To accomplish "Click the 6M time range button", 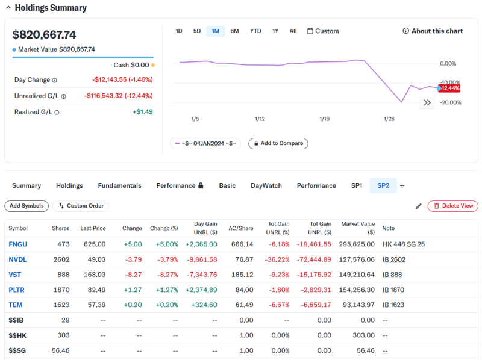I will tap(234, 31).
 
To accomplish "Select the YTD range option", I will tap(255, 31).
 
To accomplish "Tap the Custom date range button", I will tap(323, 31).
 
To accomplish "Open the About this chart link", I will tap(433, 31).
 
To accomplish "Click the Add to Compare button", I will tap(278, 143).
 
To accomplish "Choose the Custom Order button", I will tap(81, 206).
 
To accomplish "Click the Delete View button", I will tap(453, 206).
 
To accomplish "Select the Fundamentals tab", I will tap(119, 185).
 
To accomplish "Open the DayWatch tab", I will tap(266, 185).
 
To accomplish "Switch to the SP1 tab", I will tap(357, 185).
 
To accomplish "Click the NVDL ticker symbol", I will tap(17, 259).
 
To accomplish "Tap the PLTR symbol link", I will tap(17, 290).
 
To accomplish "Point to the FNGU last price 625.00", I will tap(94, 244).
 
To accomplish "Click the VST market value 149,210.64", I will tap(357, 275).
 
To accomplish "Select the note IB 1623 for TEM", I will tap(393, 305).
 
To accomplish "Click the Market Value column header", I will tap(358, 228).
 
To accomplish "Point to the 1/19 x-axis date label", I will tap(324, 119).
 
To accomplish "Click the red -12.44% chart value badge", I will tap(450, 88).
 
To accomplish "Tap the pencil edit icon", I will tap(419, 206).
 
